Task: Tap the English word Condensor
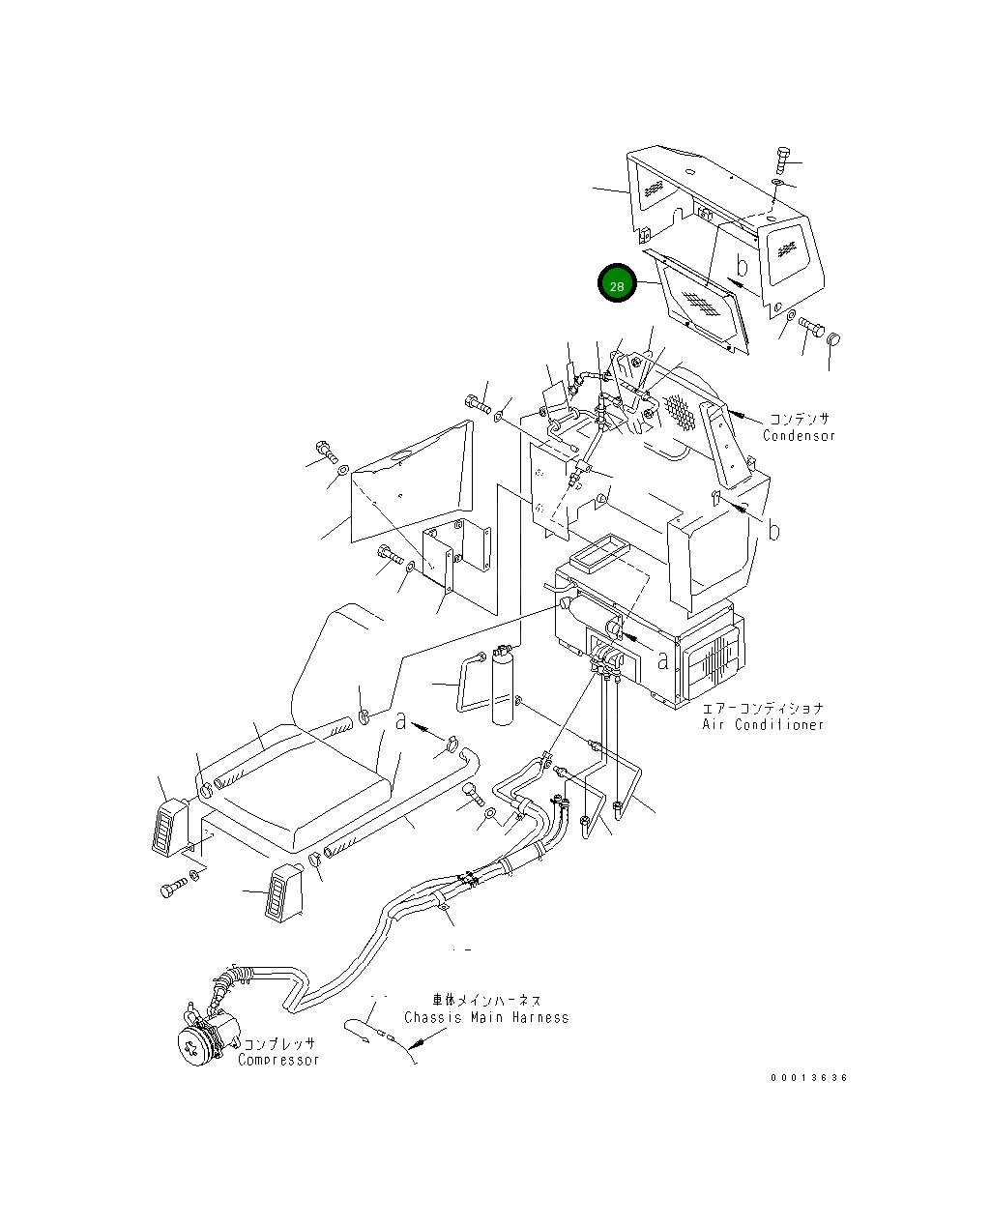pos(799,436)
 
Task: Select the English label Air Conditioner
pos(763,724)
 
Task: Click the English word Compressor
pos(278,1060)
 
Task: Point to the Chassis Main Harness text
pos(486,1017)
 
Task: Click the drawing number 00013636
pos(808,1077)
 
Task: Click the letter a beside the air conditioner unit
pos(662,660)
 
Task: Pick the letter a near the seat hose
pos(401,720)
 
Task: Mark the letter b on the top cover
pos(742,266)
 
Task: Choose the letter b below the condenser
pos(773,530)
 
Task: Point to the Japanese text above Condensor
pos(799,419)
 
